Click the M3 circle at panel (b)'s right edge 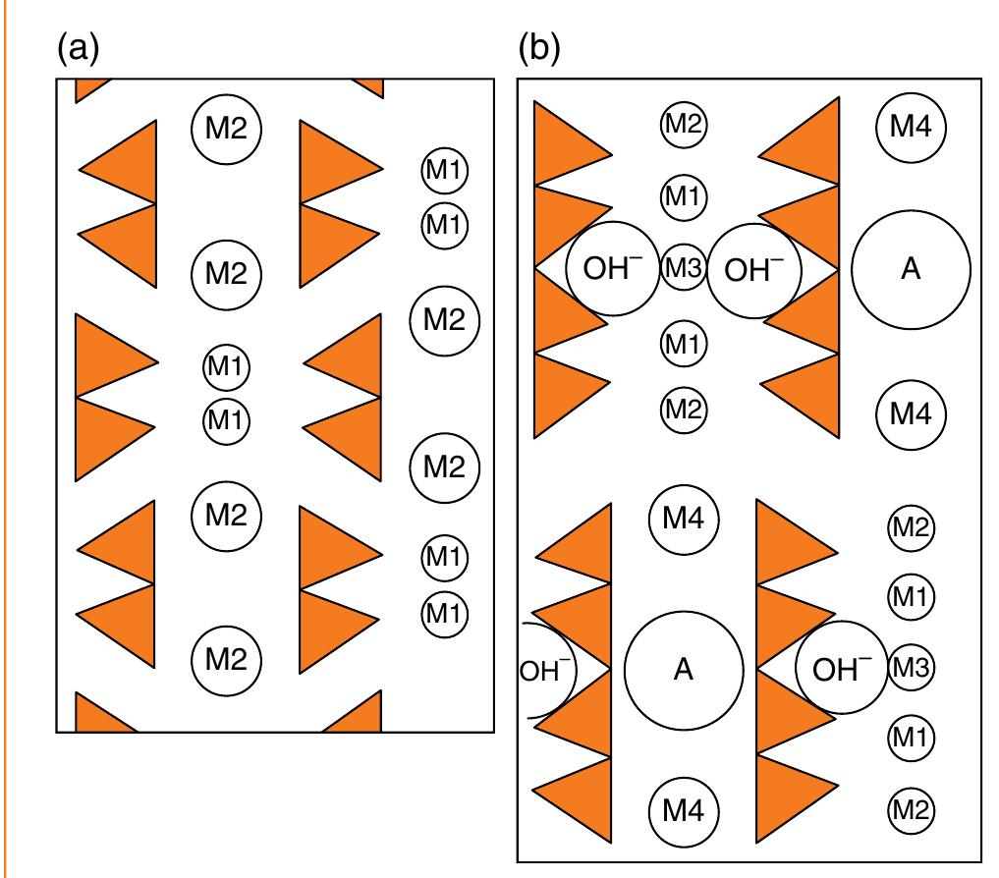pyautogui.click(x=910, y=669)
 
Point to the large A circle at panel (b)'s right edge pyautogui.click(x=911, y=269)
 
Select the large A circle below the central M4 pyautogui.click(x=684, y=669)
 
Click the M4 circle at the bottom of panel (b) pyautogui.click(x=684, y=810)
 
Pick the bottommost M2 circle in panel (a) pyautogui.click(x=226, y=660)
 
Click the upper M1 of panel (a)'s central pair pyautogui.click(x=227, y=368)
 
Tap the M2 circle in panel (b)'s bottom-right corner pyautogui.click(x=910, y=810)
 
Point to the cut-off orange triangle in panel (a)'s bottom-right pyautogui.click(x=356, y=716)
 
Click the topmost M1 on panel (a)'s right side pyautogui.click(x=444, y=171)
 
